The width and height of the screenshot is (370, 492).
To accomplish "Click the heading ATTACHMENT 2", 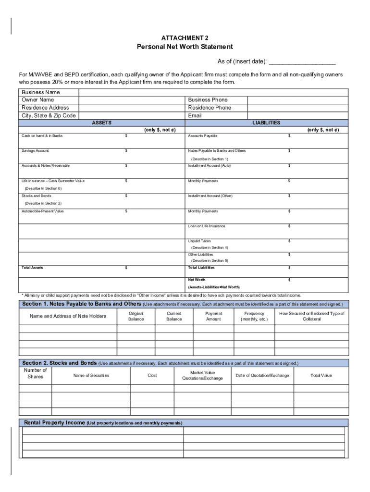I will coord(185,37).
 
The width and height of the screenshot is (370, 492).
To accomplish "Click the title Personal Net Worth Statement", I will coord(185,47).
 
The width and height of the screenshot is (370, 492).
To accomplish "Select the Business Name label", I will coord(40,92).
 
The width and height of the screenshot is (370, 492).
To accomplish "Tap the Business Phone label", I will coord(208,99).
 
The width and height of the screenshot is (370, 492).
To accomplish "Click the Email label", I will coord(195,115).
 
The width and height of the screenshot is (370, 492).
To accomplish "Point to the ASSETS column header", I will coord(101,123).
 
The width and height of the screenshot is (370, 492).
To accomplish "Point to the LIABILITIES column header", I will coord(266,123).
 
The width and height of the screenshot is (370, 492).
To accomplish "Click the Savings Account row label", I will coord(35,151).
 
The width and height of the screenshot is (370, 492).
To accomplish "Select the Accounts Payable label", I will coord(202,136).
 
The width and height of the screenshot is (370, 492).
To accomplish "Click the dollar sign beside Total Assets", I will coord(126,268).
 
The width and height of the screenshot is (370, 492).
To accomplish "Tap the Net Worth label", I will coord(197,280).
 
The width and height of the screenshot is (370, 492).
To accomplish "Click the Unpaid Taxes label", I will coord(199,241).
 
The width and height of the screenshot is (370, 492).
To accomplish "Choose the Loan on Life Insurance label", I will coord(207,226).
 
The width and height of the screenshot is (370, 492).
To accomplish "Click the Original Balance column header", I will coord(136,316).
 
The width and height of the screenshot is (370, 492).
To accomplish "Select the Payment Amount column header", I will coord(213,316).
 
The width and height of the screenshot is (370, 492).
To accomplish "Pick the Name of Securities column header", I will coord(91,375).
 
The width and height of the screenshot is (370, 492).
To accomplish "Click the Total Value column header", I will coord(321,375).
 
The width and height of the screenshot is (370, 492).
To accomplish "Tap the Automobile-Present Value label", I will coord(42,211).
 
